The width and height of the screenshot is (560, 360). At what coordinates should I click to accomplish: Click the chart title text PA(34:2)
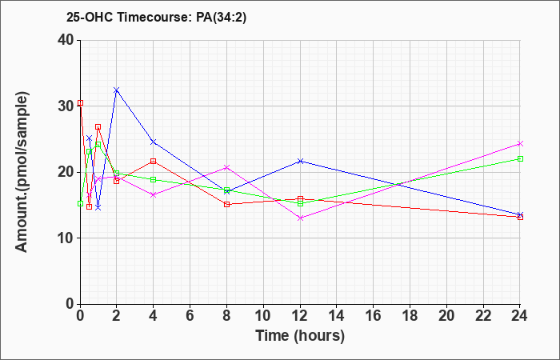pyautogui.click(x=222, y=18)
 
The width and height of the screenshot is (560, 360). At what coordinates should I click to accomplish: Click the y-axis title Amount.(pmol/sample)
pyautogui.click(x=22, y=172)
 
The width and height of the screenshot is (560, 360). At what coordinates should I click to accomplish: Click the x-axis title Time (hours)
pyautogui.click(x=300, y=336)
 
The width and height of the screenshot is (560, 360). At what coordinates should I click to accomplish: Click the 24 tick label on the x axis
pyautogui.click(x=520, y=316)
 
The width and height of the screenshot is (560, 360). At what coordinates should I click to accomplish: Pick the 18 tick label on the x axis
pyautogui.click(x=410, y=316)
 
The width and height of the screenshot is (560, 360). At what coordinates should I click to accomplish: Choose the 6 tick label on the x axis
pyautogui.click(x=190, y=316)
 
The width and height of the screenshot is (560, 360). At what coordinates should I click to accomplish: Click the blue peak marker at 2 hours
pyautogui.click(x=117, y=90)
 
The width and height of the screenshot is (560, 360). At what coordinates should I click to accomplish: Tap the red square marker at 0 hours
pyautogui.click(x=80, y=103)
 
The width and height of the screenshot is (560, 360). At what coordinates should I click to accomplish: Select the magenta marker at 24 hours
pyautogui.click(x=520, y=143)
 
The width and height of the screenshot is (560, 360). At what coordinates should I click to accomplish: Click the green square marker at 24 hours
pyautogui.click(x=520, y=159)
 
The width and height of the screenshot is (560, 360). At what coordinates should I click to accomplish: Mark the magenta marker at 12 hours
pyautogui.click(x=300, y=218)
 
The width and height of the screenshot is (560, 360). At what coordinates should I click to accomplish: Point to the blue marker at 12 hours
pyautogui.click(x=300, y=161)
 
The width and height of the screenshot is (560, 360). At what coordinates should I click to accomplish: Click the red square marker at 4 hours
pyautogui.click(x=154, y=161)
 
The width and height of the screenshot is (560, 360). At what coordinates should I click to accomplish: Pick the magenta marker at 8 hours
pyautogui.click(x=226, y=167)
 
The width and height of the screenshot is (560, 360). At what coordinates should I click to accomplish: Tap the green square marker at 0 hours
pyautogui.click(x=80, y=203)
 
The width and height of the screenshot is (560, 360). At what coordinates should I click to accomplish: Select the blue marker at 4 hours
pyautogui.click(x=154, y=142)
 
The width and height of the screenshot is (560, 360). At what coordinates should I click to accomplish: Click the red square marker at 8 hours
pyautogui.click(x=226, y=204)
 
